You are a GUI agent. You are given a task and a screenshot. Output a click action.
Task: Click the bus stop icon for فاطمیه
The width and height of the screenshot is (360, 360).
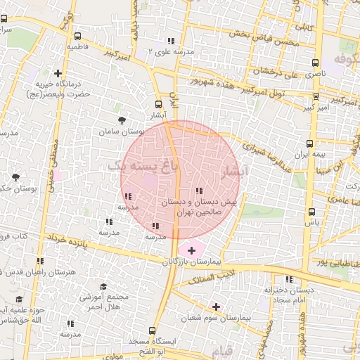pos(76,37)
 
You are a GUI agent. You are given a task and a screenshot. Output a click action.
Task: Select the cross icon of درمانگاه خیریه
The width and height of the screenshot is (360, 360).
pos(58,73)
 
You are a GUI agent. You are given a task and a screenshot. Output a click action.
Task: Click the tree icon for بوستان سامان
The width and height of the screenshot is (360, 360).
pos(122,120)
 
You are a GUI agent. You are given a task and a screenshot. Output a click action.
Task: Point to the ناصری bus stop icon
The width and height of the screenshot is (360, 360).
pos(315,62)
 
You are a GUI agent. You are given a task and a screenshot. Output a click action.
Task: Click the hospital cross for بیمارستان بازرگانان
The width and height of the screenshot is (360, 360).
pos(191,250)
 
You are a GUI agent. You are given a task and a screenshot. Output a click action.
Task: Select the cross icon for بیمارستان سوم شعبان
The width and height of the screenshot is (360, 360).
pos(216,306)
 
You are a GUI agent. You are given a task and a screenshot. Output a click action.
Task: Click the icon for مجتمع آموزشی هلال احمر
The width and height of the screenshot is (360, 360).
pos(103,287)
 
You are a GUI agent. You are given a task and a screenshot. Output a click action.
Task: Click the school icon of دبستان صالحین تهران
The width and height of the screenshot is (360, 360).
pos(199,190)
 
